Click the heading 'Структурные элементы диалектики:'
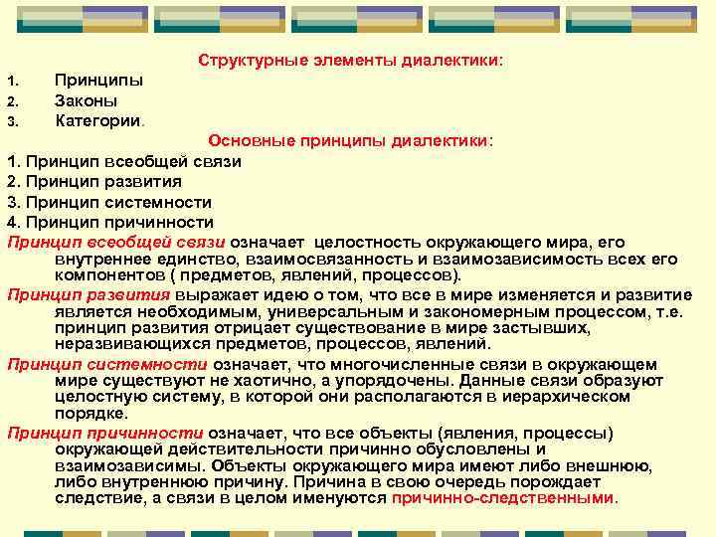coord(350,62)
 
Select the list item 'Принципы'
coord(98,81)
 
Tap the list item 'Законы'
coord(86,100)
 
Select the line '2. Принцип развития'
coord(94,181)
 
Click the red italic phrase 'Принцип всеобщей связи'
coord(116,242)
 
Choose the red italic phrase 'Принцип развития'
coord(89,295)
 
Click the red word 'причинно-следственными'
coord(504,497)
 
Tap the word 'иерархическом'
coord(574,397)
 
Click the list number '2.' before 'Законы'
coord(12,101)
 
